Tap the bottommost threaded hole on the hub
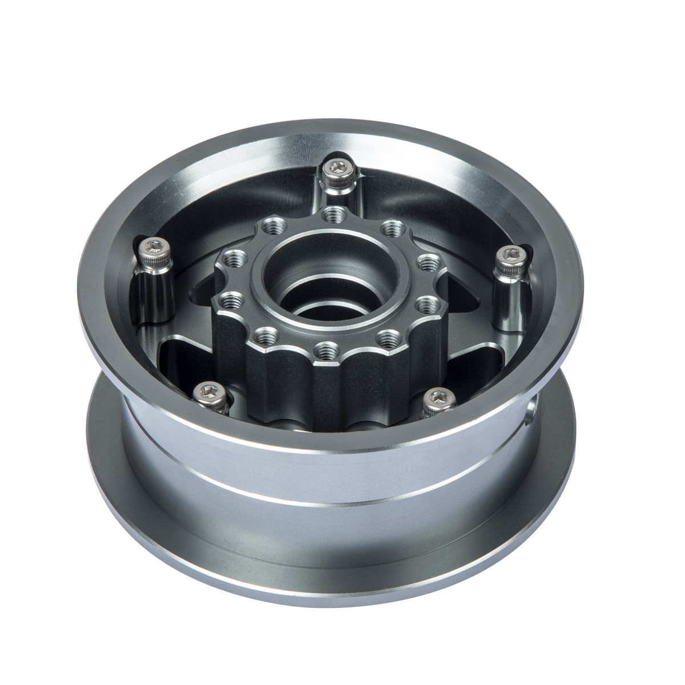[327, 347]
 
